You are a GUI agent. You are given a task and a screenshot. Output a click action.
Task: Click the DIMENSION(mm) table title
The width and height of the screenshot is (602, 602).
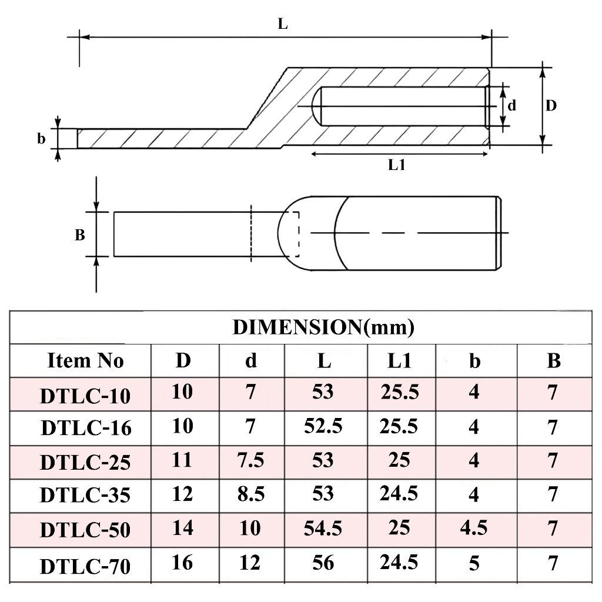coord(324,327)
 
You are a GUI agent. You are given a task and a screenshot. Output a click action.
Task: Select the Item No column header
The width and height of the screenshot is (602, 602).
coord(85,360)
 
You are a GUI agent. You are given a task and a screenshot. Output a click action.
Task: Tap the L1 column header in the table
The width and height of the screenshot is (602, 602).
coord(399,360)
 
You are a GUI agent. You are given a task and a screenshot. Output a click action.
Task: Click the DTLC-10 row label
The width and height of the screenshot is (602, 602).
coord(85,396)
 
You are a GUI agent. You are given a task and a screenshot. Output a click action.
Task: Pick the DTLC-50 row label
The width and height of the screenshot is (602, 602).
coord(85,530)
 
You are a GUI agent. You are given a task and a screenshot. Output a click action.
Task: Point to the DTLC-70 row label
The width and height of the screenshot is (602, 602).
coord(85,566)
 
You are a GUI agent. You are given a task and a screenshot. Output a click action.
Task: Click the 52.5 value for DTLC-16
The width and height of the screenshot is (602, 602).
coord(323,426)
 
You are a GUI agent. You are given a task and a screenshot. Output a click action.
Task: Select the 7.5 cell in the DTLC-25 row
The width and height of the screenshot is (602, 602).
coord(250,460)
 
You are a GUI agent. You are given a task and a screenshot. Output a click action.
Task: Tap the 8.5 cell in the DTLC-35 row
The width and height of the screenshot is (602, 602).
coord(250,494)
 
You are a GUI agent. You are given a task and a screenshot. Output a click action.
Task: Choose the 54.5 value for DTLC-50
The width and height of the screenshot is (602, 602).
coord(323,529)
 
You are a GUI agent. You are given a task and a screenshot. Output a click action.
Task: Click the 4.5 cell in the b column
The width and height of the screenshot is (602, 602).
coord(474,529)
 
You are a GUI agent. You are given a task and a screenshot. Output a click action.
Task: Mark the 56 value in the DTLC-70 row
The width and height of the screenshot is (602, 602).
coord(323,563)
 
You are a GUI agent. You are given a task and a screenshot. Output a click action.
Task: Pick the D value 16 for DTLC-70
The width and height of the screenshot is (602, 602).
coord(182,563)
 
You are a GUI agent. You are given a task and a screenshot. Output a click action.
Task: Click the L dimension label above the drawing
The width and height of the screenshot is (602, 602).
coord(283,24)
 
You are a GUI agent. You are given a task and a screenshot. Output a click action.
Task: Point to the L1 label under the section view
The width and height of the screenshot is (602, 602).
coord(397,165)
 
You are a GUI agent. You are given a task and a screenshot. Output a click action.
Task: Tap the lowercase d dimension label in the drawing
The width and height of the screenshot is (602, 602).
coord(512,105)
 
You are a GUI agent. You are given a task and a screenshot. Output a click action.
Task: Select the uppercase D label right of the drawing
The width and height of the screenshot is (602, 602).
coord(551,106)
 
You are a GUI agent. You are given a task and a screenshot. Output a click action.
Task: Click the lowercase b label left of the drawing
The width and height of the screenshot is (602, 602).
coord(41,138)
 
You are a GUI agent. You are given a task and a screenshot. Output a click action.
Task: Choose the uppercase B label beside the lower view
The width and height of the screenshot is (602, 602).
coord(79,235)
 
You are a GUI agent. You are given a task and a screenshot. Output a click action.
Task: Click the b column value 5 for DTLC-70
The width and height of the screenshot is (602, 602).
coord(474,563)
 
